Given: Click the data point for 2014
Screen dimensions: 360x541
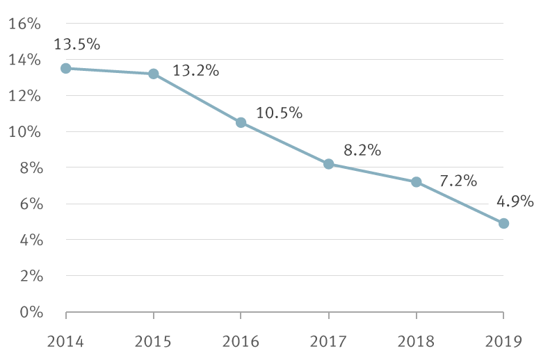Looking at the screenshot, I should pyautogui.click(x=66, y=68).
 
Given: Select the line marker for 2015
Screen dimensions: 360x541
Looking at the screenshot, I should pyautogui.click(x=154, y=74).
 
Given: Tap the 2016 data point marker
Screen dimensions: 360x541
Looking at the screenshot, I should pyautogui.click(x=241, y=122).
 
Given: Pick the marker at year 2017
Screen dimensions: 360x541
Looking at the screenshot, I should pyautogui.click(x=329, y=164).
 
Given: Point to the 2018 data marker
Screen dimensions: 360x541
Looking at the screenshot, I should pyautogui.click(x=417, y=182).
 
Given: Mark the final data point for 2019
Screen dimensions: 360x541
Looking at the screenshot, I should pyautogui.click(x=503, y=223).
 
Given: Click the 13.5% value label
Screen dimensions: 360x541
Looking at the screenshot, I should pyautogui.click(x=77, y=44).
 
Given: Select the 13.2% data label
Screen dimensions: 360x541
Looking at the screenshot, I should pyautogui.click(x=195, y=70).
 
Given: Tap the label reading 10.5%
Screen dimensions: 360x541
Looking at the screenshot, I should pyautogui.click(x=279, y=113).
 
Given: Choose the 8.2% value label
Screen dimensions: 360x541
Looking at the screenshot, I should pyautogui.click(x=362, y=150).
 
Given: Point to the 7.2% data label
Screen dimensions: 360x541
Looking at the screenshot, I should pyautogui.click(x=458, y=181).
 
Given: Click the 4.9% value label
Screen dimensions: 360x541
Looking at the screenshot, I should pyautogui.click(x=515, y=202).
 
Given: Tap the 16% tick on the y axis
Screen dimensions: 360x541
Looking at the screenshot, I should pyautogui.click(x=25, y=24).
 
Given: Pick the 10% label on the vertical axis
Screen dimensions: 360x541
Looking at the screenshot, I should pyautogui.click(x=25, y=132).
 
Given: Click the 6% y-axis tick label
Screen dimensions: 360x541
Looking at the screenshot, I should pyautogui.click(x=29, y=204).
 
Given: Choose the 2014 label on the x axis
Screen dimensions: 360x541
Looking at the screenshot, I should pyautogui.click(x=66, y=341).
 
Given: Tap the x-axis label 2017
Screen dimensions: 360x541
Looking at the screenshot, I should pyautogui.click(x=329, y=341).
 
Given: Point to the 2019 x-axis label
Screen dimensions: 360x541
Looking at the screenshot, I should pyautogui.click(x=503, y=341).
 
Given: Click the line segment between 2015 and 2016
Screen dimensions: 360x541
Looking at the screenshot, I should pyautogui.click(x=197, y=98).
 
